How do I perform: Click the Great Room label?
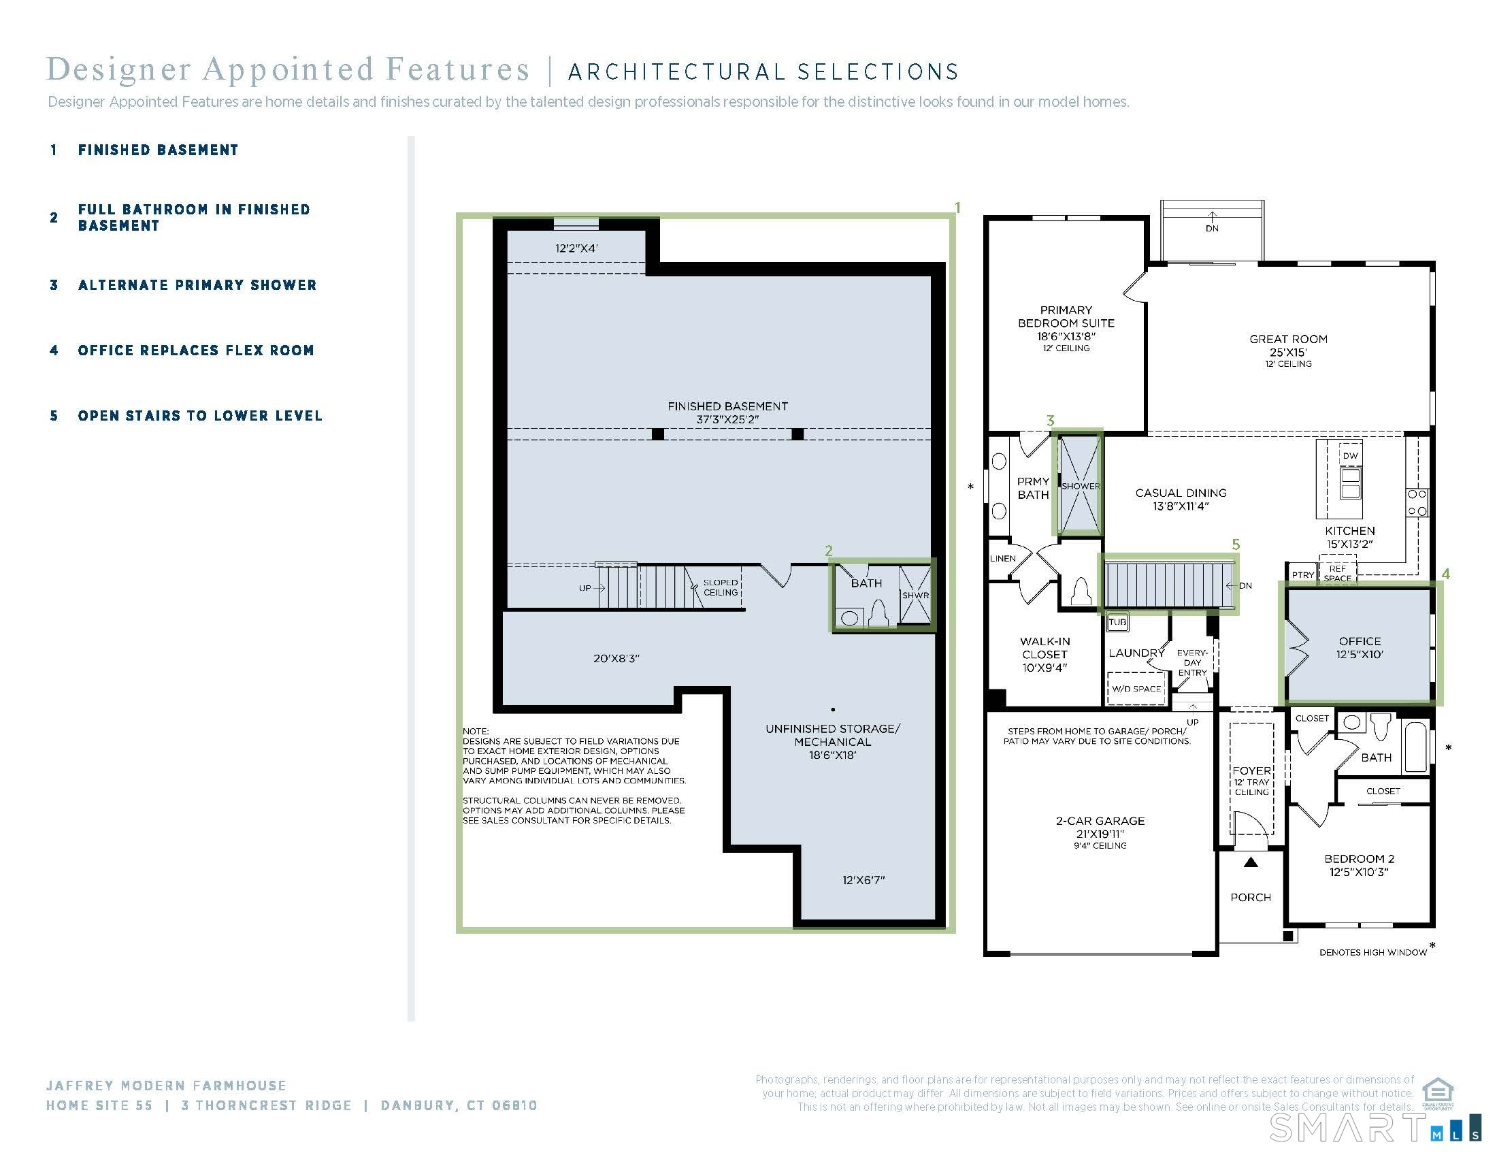[1288, 339]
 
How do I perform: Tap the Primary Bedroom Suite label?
[1066, 316]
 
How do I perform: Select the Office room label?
[1360, 641]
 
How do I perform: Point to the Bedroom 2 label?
[1360, 858]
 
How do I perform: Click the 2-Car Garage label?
[1100, 821]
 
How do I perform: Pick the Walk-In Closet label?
[1045, 648]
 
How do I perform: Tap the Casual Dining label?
[1181, 492]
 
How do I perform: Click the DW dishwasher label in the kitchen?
[1350, 456]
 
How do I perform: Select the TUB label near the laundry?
[1117, 622]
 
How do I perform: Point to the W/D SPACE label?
[1136, 689]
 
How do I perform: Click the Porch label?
[1251, 897]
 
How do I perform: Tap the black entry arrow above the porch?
[1251, 862]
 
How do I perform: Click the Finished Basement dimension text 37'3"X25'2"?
[727, 419]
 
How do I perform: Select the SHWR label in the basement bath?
[915, 595]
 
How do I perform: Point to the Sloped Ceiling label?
[721, 587]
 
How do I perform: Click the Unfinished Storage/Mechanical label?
[833, 735]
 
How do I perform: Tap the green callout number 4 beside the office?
[1445, 574]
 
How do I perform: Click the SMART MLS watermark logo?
[1374, 1128]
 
